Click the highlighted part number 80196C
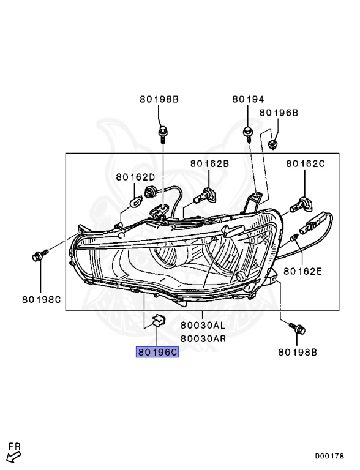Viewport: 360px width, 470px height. (x=157, y=352)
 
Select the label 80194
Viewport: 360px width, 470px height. (x=248, y=99)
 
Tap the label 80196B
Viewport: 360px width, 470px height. (x=279, y=113)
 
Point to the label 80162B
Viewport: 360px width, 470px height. (x=209, y=163)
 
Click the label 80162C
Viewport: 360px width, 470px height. (x=306, y=163)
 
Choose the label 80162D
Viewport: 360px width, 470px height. (x=135, y=177)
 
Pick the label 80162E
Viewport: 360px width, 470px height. (x=302, y=271)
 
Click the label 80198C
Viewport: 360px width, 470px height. (x=42, y=299)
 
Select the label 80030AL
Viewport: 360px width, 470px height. (x=203, y=325)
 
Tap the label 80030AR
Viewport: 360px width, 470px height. (x=203, y=338)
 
